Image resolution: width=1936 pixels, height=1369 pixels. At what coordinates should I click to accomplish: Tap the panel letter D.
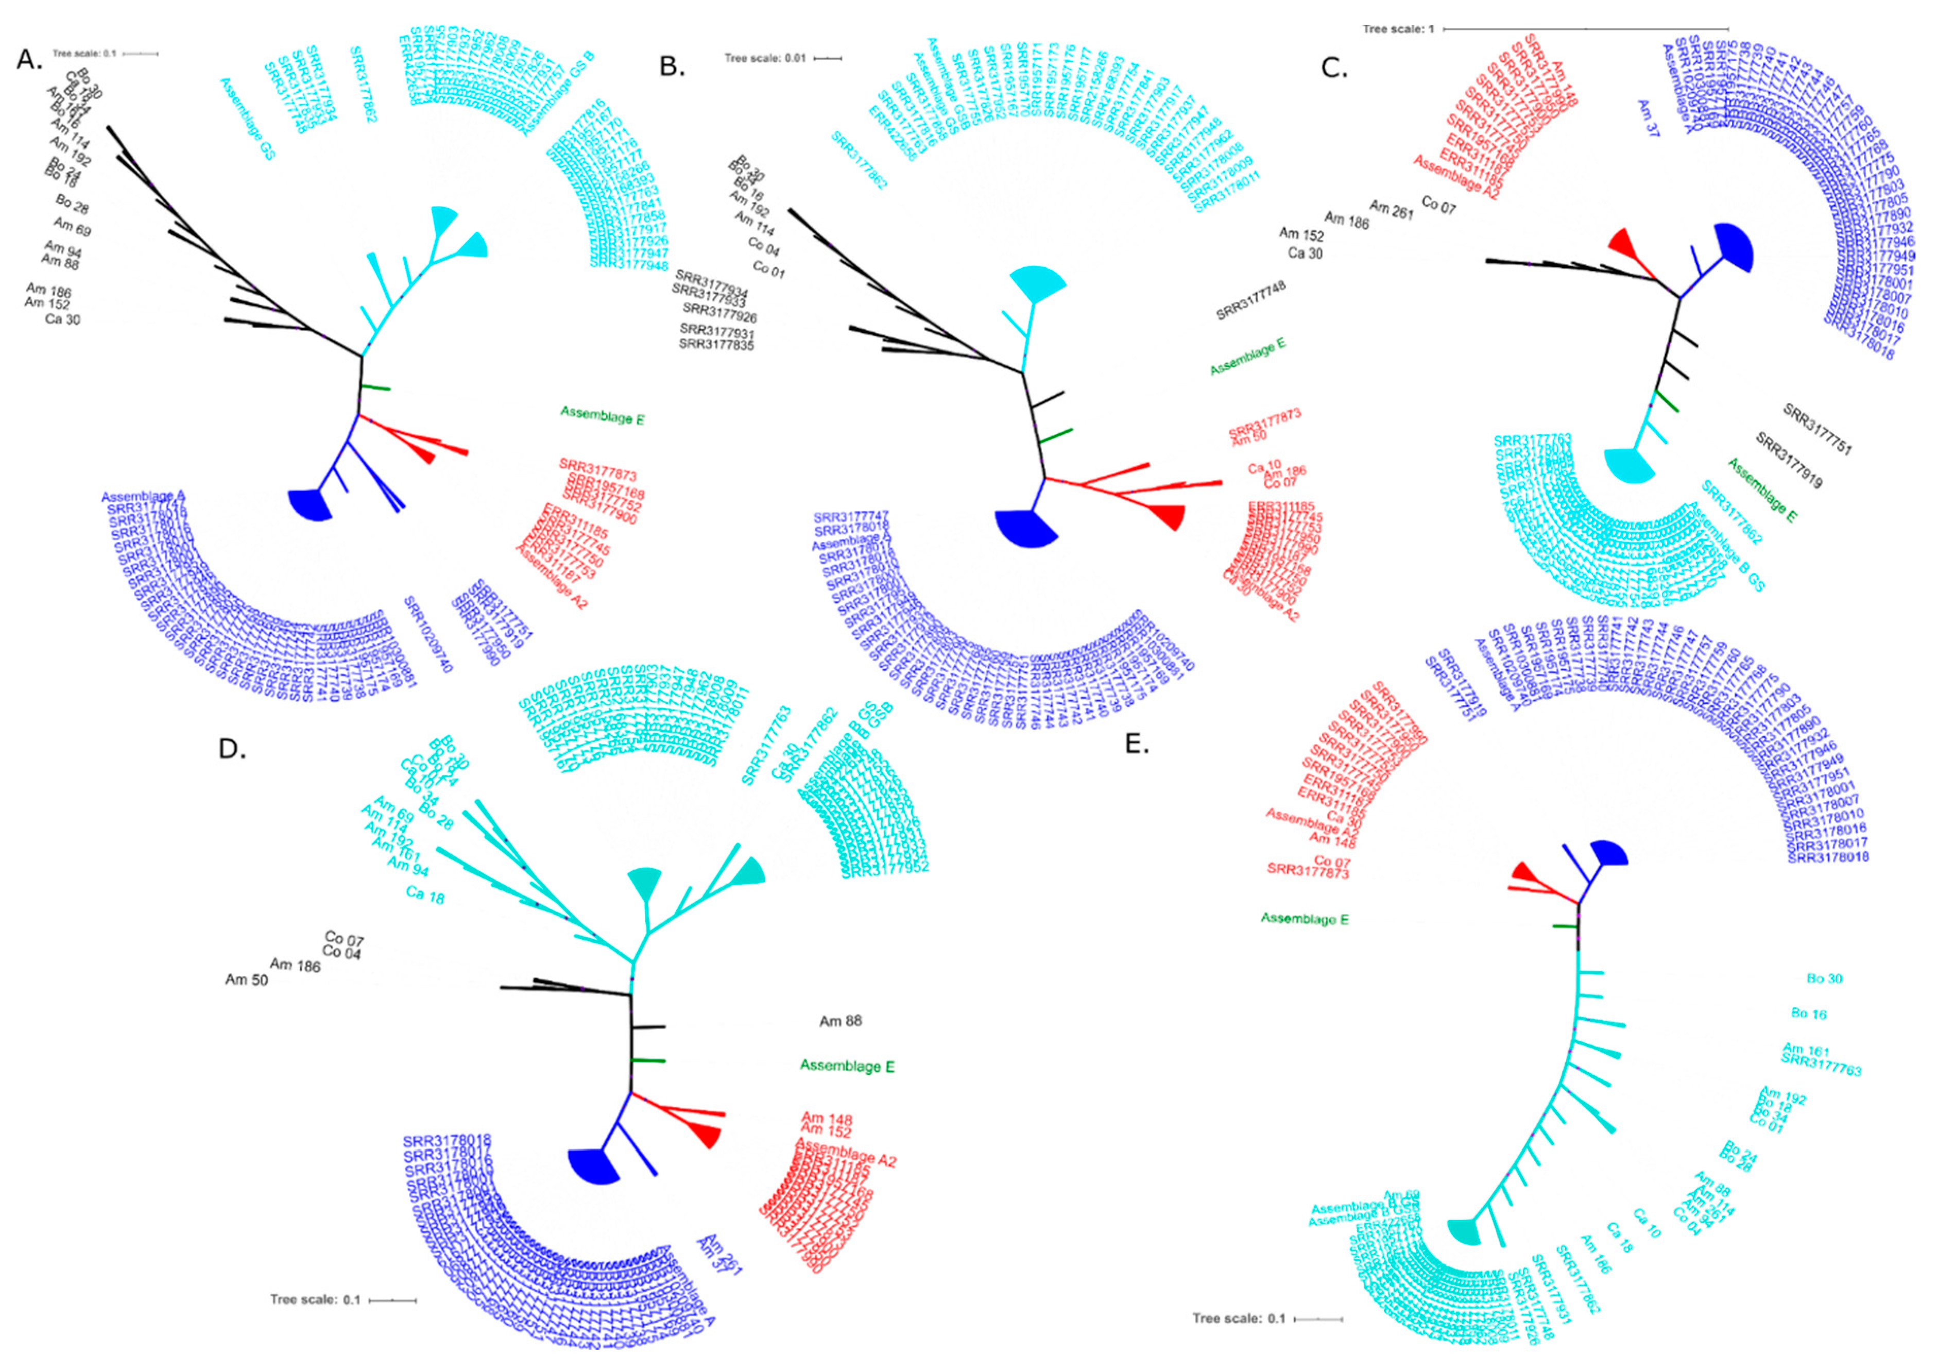point(232,748)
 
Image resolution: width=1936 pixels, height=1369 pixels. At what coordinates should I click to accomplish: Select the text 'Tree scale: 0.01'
point(765,58)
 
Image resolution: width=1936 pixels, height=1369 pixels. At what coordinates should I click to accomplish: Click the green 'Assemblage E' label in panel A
point(602,414)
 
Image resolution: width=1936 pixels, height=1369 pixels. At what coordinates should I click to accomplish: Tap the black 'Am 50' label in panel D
point(246,980)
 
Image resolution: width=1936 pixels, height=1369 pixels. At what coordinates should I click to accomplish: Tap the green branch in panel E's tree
point(1566,927)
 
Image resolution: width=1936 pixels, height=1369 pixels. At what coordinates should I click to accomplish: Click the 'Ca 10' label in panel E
point(1646,1223)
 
